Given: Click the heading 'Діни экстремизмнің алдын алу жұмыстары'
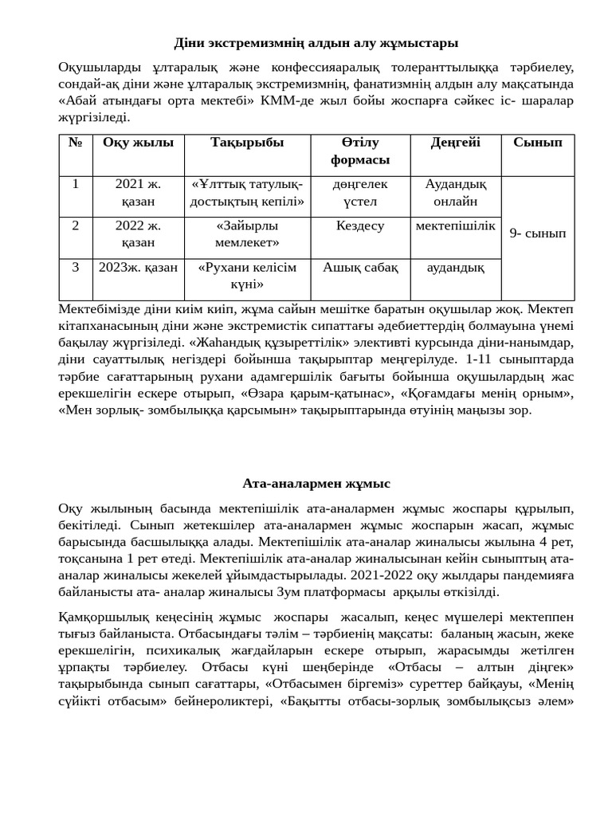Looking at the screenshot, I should point(316,43).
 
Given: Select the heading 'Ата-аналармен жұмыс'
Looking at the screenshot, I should point(316,484).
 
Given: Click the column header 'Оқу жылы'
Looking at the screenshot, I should point(138,143).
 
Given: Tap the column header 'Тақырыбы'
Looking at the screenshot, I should point(247,143).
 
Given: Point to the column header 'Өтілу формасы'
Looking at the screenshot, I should point(360,151).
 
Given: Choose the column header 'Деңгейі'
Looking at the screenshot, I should point(455,143).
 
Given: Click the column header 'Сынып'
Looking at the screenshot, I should point(537,143).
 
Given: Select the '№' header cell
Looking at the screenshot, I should point(76,143).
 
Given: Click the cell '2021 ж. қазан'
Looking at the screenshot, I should point(138,193).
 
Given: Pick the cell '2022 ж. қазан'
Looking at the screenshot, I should point(138,234).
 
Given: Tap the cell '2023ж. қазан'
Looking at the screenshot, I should point(138,268).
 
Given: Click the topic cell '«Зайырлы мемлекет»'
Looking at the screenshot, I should point(247,234).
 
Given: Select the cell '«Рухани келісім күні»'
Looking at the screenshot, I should point(247,276).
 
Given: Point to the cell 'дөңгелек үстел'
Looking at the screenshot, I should point(360,193).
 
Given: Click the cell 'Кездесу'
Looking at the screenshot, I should point(360,226).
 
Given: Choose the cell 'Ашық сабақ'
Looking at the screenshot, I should point(360,268).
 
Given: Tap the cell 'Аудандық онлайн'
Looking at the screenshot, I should point(455,193).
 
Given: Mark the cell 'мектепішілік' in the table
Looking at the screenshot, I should point(455,226).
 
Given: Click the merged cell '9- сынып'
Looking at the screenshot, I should point(537,234).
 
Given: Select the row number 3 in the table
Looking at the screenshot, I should point(76,268).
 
